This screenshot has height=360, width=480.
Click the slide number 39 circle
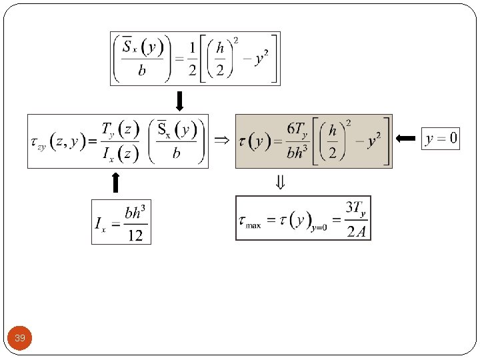click(x=20, y=339)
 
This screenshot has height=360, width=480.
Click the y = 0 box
click(x=441, y=139)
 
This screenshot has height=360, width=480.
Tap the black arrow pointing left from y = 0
click(x=406, y=139)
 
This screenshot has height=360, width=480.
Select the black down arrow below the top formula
click(x=179, y=101)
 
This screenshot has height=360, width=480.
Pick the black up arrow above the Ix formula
click(x=115, y=182)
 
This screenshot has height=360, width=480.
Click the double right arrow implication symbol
click(x=221, y=140)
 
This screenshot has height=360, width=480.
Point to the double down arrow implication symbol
click(x=281, y=181)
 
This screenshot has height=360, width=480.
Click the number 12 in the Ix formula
click(x=135, y=235)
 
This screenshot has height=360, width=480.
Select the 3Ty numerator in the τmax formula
click(x=355, y=209)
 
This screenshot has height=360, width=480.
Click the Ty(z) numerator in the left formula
click(x=120, y=128)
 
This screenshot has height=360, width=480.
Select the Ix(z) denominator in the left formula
click(x=120, y=154)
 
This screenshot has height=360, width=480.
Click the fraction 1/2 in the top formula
click(x=191, y=59)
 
